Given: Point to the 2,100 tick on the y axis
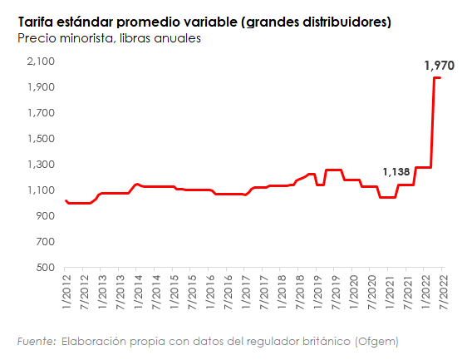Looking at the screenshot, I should (x=41, y=62).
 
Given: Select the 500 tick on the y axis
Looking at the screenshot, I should (x=46, y=268).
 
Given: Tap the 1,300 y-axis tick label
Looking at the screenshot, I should (x=41, y=165).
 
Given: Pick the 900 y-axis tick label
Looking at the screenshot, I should (x=46, y=216).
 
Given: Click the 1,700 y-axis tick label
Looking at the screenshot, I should (x=41, y=113).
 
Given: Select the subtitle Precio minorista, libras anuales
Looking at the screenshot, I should (x=108, y=37).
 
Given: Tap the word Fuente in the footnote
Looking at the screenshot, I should (x=37, y=341).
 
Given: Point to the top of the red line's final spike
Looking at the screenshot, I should (x=437, y=78).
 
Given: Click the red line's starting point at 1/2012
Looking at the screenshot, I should (x=66, y=200).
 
